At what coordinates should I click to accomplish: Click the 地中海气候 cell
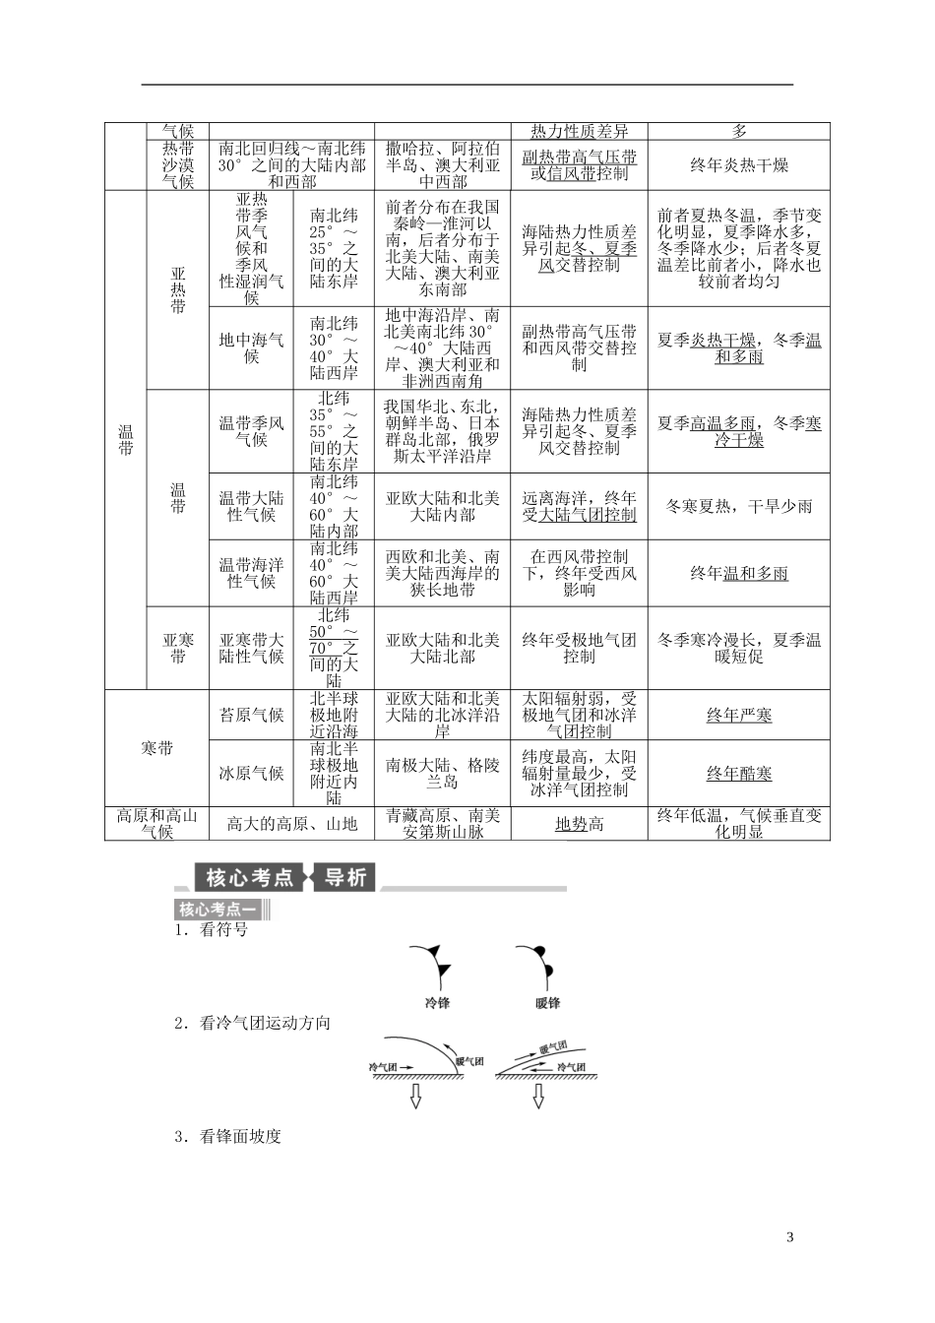251,347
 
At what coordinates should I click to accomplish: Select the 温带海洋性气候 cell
251,573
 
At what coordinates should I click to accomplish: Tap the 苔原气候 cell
251,715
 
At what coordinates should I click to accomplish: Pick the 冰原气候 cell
251,774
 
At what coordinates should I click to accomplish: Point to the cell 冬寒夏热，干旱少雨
738,506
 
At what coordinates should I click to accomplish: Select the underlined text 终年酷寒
738,774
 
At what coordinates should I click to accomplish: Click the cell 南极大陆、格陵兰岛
443,774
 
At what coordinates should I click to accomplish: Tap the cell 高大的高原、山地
292,824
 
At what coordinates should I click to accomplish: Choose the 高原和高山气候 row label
157,824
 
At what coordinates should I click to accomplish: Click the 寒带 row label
157,748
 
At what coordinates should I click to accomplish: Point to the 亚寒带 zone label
178,648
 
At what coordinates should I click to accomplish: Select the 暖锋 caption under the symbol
547,1002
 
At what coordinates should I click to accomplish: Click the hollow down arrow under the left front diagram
415,1097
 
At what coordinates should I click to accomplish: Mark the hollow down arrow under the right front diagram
539,1097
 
